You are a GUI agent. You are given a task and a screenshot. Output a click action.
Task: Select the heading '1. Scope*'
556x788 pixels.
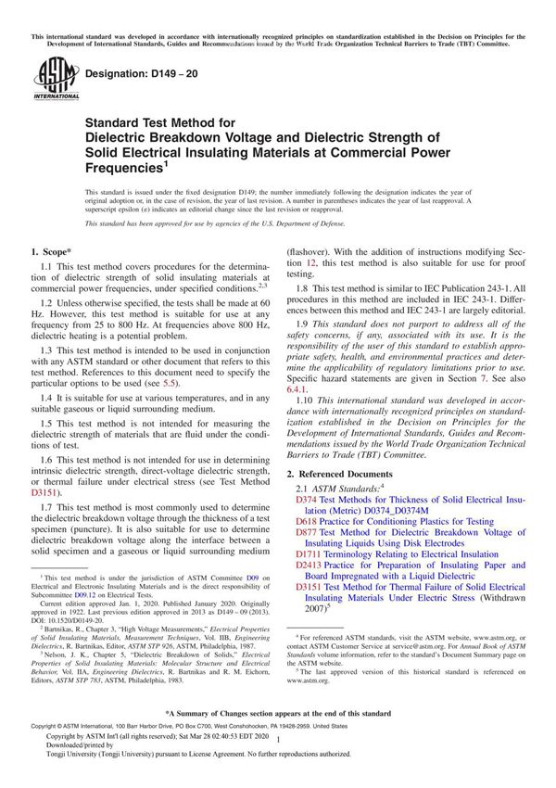(x=53, y=251)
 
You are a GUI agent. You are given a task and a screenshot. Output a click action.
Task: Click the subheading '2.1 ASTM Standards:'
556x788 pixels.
(x=339, y=488)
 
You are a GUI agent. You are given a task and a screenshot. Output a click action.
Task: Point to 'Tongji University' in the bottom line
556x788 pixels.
(x=71, y=781)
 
